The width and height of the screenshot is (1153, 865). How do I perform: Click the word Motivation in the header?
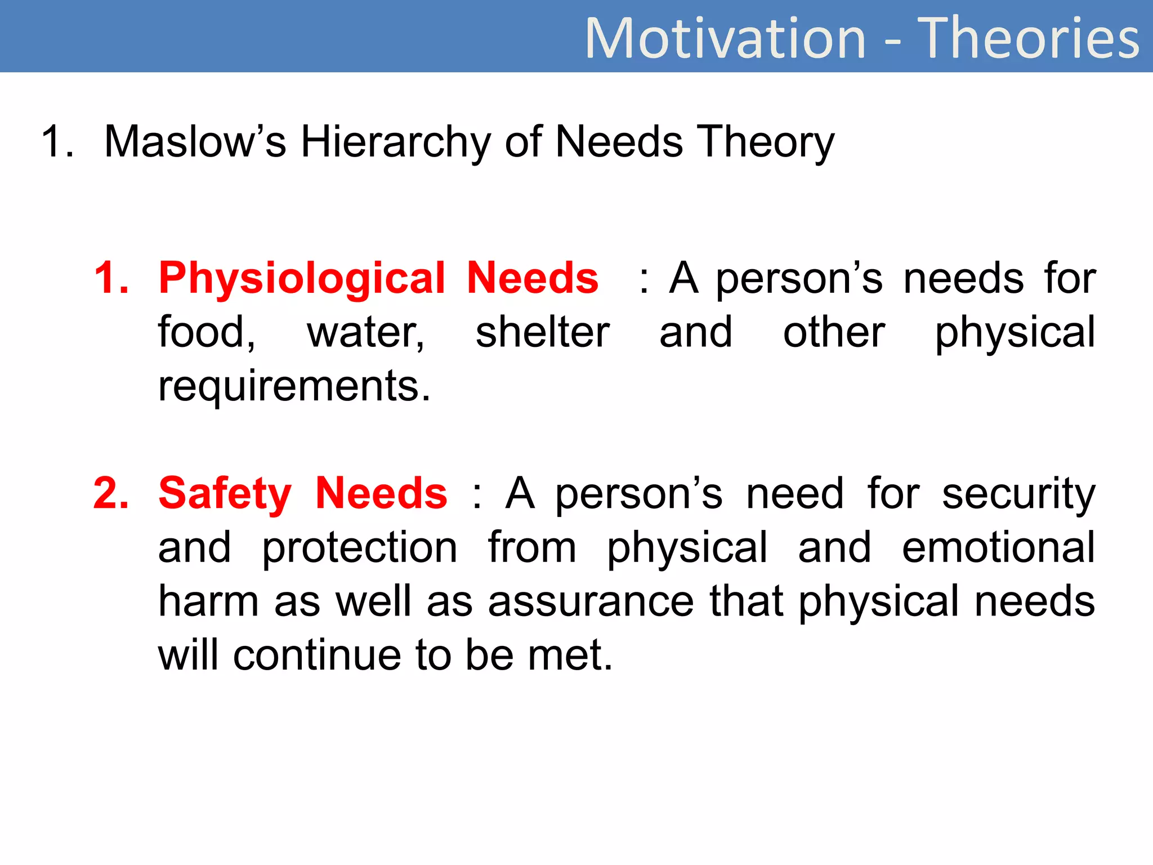coord(725,38)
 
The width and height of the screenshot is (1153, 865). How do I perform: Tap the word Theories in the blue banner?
coord(1028,38)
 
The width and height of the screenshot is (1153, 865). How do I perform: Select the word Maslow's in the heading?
coord(195,141)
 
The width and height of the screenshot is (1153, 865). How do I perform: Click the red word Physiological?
coord(302,279)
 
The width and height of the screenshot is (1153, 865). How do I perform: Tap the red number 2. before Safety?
coord(111,493)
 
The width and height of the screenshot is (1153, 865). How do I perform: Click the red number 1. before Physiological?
coord(111,278)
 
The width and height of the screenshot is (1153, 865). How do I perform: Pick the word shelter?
coord(542,332)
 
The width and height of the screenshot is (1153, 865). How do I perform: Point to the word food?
coord(207,332)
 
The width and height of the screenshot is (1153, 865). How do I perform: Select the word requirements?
coord(294,387)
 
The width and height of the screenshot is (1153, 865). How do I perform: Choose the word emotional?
coord(998,547)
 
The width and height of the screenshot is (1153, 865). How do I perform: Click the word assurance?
coord(591,601)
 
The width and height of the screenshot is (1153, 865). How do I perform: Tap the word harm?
coord(208,601)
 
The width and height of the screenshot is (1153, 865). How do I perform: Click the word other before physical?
coord(834,332)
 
